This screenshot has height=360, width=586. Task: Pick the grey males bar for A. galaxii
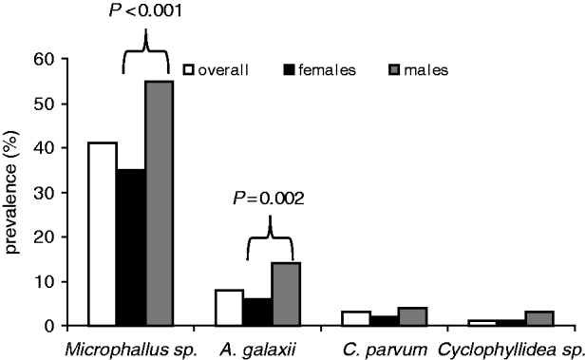pyautogui.click(x=286, y=294)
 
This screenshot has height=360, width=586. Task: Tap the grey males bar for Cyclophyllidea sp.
pyautogui.click(x=539, y=318)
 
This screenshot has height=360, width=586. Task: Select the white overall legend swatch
pyautogui.click(x=189, y=68)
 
